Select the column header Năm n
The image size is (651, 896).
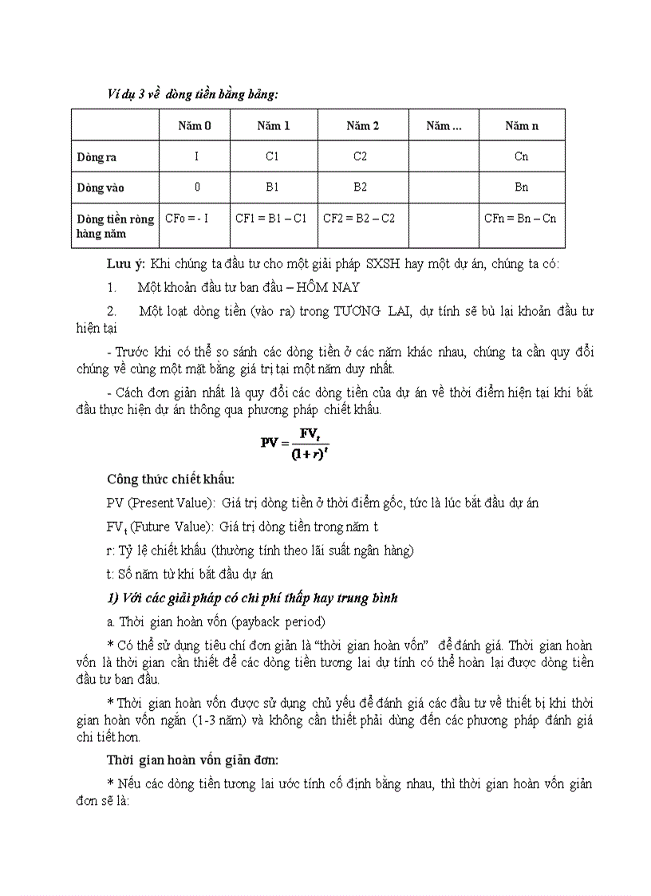pos(522,126)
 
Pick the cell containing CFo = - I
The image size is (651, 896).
pos(187,218)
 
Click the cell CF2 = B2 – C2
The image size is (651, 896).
pos(359,218)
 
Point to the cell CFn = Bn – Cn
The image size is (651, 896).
pos(520,218)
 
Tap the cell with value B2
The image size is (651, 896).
pos(361,187)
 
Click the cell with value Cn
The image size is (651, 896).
pos(521,157)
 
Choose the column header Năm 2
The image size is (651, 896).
pos(362,126)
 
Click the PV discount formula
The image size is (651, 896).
pos(295,442)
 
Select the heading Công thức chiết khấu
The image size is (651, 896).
pos(171,479)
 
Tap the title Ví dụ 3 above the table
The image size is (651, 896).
pos(192,94)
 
